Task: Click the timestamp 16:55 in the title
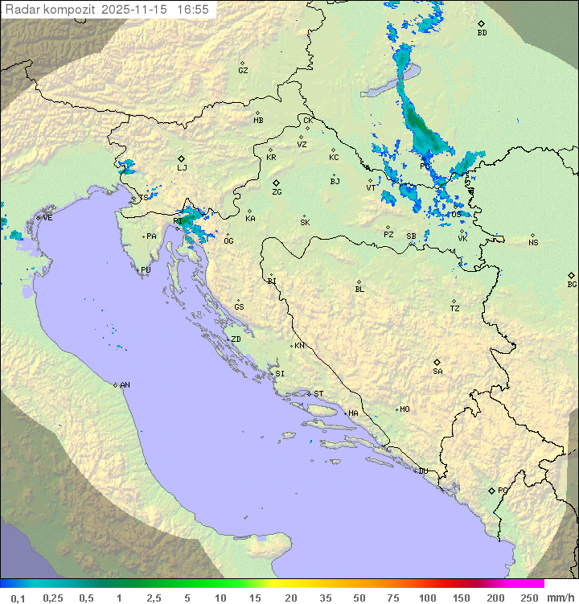193,9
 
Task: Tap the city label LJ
182,168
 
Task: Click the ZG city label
277,193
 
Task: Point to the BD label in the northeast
482,33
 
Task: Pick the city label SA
437,372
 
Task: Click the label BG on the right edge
572,285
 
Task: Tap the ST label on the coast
318,394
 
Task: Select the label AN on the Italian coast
125,385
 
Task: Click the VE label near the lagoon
47,218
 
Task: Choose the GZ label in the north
243,71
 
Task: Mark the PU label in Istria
146,270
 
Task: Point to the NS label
533,243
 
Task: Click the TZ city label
455,309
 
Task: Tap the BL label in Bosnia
359,290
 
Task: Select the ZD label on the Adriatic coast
236,339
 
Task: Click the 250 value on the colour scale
528,598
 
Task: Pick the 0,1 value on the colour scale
18,598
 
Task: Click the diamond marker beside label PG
491,491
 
